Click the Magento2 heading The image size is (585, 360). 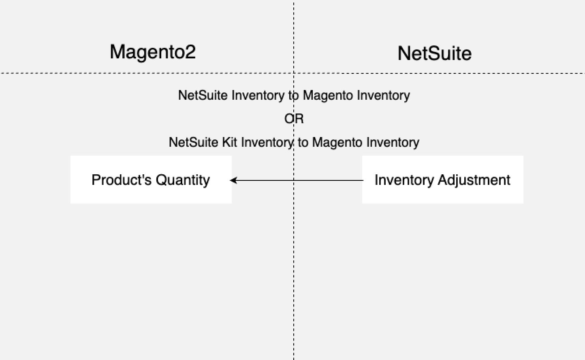153,52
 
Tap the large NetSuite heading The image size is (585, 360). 435,53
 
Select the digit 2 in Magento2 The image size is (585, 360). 190,51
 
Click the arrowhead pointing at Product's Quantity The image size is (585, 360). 233,180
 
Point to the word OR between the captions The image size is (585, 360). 294,119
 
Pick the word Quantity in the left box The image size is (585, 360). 183,180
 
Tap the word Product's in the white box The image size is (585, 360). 122,180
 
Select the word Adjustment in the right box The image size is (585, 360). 474,180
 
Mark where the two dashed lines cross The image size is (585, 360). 294,73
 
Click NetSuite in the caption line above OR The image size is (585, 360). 203,95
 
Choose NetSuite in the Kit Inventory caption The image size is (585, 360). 194,142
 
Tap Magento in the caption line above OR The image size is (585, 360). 328,95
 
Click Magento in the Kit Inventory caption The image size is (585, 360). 337,142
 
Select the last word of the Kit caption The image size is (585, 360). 393,143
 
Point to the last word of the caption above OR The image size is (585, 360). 384,95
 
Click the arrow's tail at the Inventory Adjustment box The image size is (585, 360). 363,180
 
